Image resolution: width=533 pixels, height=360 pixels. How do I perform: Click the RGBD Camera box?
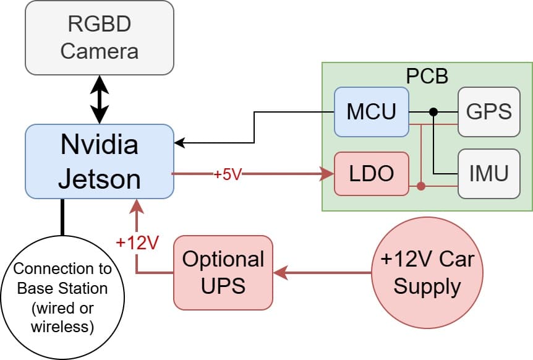(x=99, y=38)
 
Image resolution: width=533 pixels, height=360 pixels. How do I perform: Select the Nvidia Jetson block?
(x=99, y=161)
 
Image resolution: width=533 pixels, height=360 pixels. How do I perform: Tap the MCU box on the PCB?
(x=371, y=112)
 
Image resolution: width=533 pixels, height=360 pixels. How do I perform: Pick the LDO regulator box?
(x=371, y=174)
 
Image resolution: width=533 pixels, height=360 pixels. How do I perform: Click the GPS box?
(x=488, y=112)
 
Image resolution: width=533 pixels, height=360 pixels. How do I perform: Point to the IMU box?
(x=488, y=174)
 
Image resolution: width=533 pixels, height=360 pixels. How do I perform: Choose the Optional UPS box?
(x=223, y=272)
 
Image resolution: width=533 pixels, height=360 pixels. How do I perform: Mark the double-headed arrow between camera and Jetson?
(x=99, y=100)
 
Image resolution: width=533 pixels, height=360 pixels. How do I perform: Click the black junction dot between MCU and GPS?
(x=434, y=112)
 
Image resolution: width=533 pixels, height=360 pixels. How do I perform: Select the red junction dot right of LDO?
(x=421, y=186)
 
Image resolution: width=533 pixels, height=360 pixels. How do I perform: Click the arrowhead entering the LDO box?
(x=328, y=174)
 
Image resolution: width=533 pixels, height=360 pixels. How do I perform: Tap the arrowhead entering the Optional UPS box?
(x=279, y=272)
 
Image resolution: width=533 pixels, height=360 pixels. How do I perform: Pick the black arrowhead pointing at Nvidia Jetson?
(x=179, y=144)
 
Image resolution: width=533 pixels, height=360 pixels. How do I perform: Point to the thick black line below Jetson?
(x=62, y=217)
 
